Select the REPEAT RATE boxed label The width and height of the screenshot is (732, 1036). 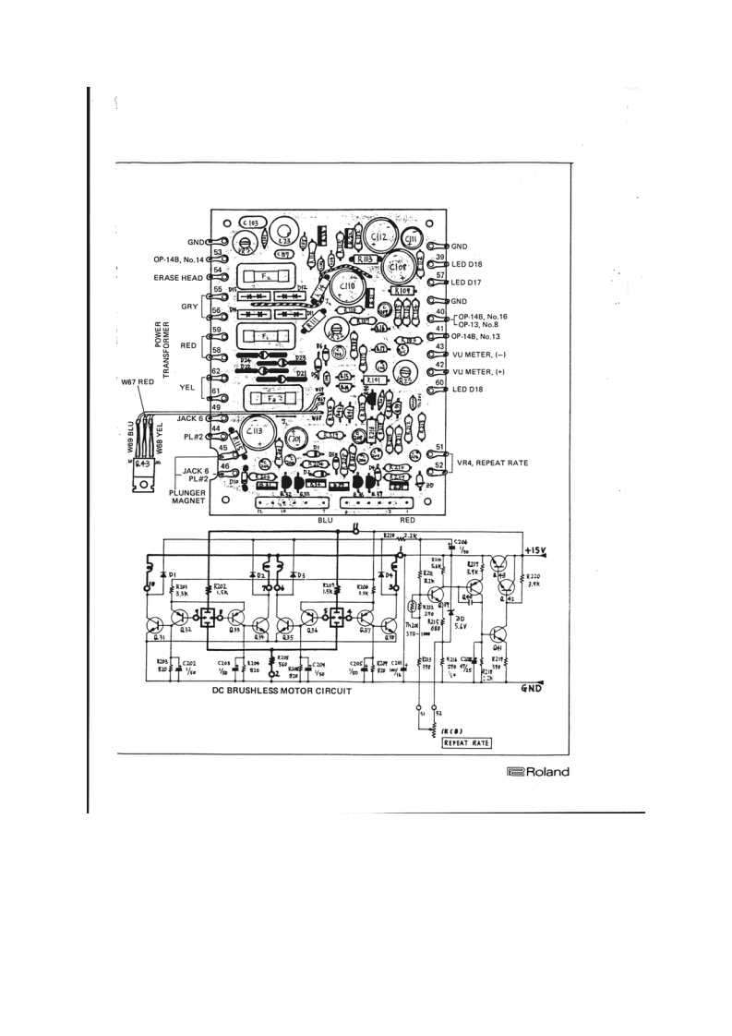point(466,741)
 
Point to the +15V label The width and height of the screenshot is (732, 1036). point(537,552)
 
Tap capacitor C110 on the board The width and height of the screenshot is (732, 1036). point(348,294)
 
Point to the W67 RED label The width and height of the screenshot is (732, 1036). point(141,381)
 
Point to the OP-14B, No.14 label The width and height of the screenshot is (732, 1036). point(180,259)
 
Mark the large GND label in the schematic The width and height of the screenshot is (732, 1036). point(534,689)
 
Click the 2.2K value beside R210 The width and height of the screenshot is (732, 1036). point(410,536)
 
